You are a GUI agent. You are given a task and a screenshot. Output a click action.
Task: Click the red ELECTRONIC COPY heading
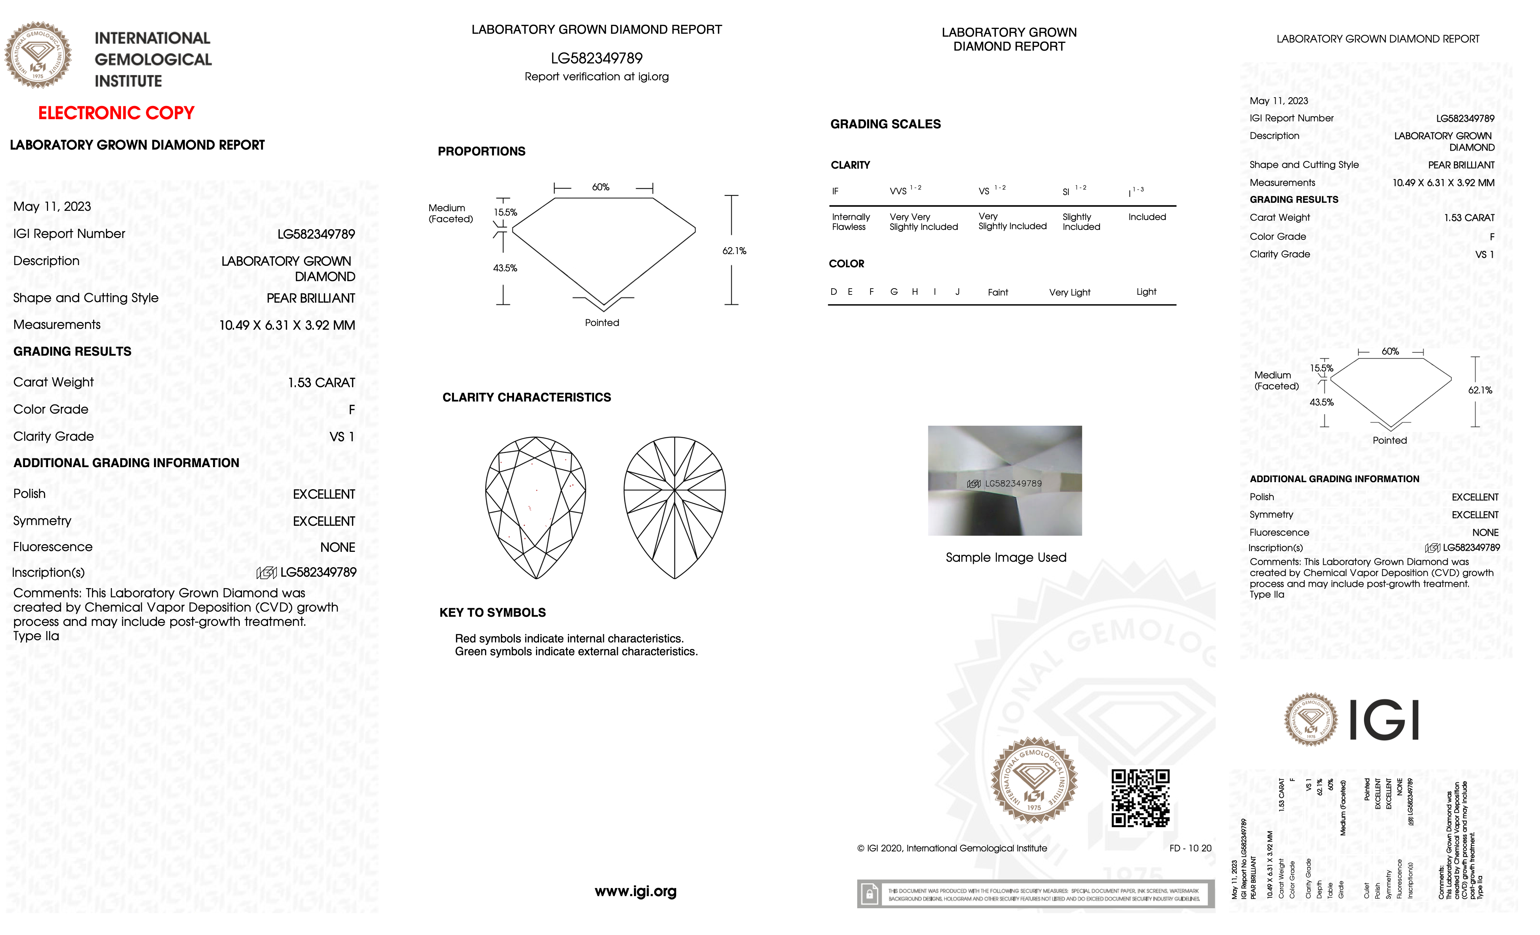[x=116, y=113]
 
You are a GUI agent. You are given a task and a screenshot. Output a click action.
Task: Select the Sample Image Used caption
[x=1006, y=557]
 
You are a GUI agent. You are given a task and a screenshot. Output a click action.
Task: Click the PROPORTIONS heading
[x=481, y=151]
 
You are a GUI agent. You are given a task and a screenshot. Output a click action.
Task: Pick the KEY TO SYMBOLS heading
[x=492, y=612]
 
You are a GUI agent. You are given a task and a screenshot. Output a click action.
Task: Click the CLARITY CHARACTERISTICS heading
[x=526, y=397]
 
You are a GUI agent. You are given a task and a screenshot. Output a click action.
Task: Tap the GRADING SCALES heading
[x=885, y=124]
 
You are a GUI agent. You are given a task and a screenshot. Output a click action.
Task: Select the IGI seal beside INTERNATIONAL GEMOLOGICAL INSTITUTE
[x=38, y=55]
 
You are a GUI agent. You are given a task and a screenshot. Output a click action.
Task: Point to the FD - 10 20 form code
[x=1190, y=848]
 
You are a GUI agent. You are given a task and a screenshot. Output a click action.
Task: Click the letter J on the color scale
[x=957, y=292]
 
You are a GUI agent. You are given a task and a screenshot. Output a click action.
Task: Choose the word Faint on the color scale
[x=997, y=293]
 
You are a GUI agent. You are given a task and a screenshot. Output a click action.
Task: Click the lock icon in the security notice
[x=869, y=894]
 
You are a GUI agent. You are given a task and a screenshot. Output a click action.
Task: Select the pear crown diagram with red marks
[x=536, y=507]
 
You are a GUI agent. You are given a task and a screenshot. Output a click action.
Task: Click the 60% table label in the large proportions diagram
[x=601, y=187]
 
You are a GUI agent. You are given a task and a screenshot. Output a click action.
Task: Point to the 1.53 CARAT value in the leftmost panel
[x=321, y=382]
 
